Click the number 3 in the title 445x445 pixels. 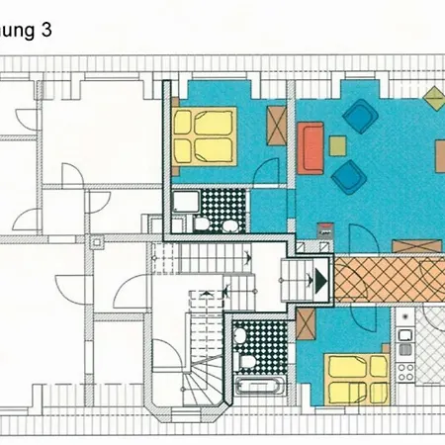(45, 30)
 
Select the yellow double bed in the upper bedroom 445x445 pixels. (205, 136)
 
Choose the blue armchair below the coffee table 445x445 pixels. (347, 177)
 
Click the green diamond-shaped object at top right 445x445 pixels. (433, 98)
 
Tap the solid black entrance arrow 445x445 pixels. (319, 279)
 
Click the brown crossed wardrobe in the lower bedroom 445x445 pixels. (306, 323)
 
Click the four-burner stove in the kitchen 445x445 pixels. (405, 372)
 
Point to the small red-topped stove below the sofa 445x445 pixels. (324, 229)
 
